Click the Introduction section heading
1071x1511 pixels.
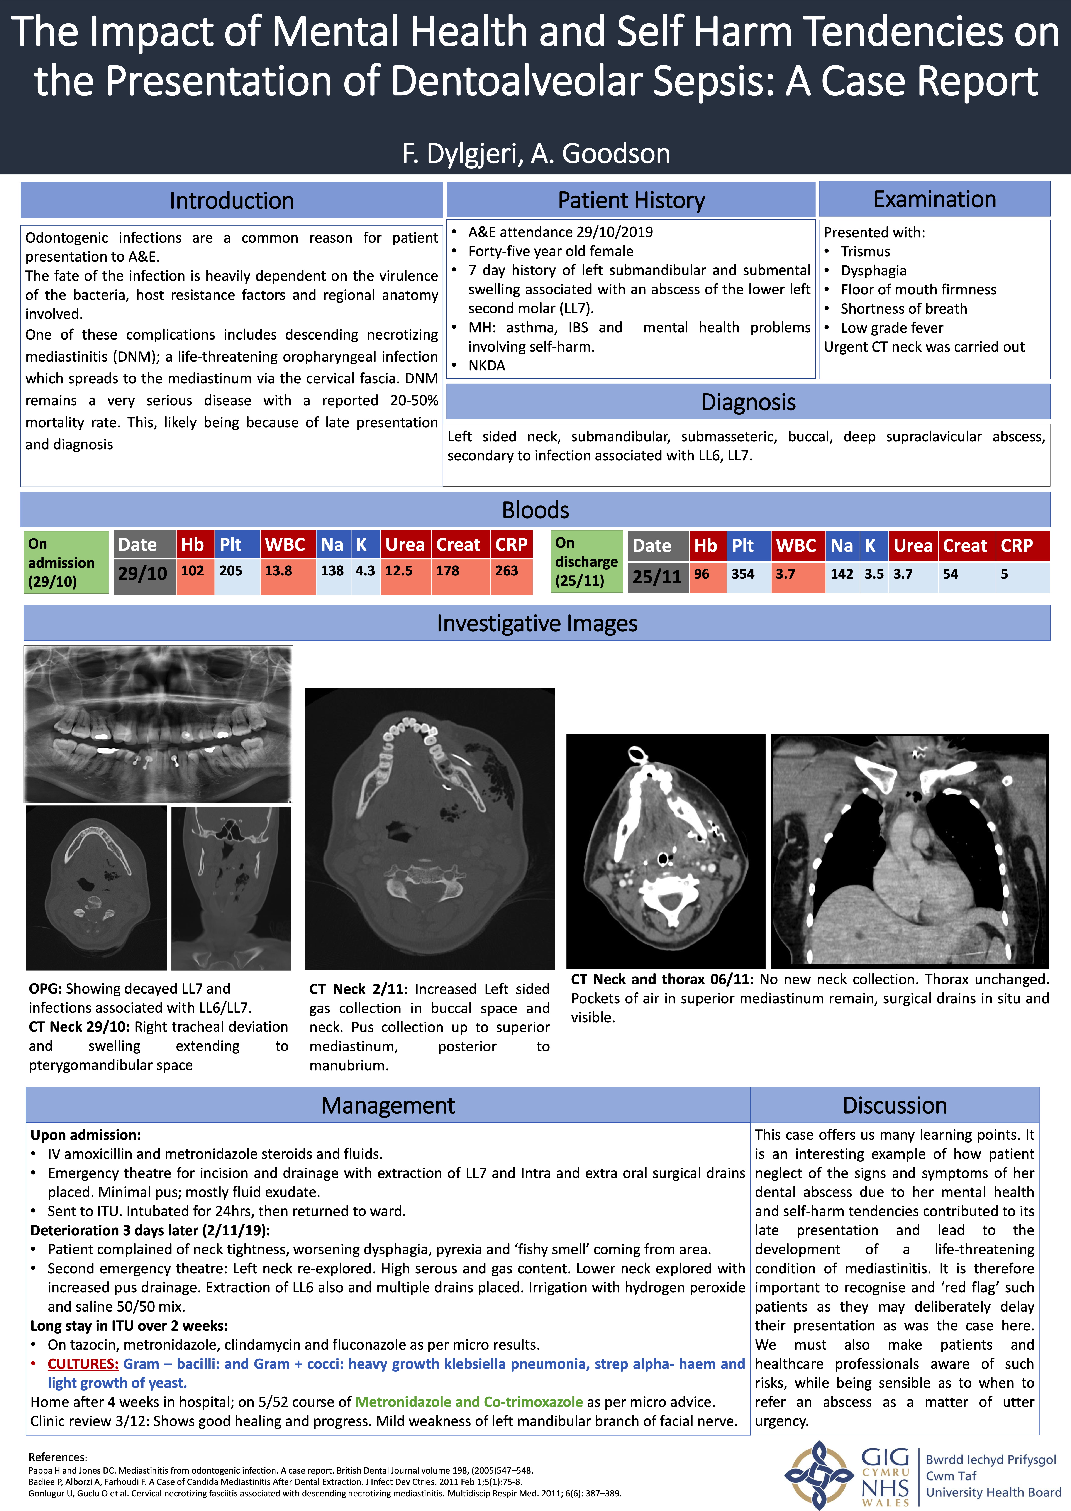tap(232, 200)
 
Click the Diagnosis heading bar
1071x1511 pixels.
tap(748, 402)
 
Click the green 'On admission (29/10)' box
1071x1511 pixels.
tap(65, 562)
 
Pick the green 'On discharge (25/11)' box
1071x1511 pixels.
tap(586, 562)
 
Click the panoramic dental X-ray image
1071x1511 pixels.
tap(158, 723)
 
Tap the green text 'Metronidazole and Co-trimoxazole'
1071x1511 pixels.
tap(469, 1402)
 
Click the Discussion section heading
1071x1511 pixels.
tap(894, 1105)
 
